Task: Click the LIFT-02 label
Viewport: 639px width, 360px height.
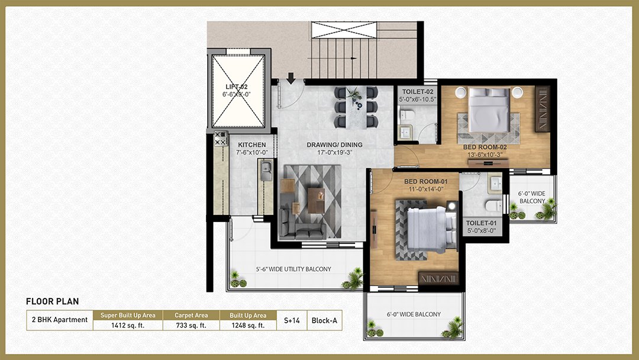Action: [x=236, y=87]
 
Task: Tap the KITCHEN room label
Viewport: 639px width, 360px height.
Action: [x=252, y=144]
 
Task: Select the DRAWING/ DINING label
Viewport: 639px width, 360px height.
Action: [x=334, y=144]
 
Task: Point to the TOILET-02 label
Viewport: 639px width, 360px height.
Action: [x=418, y=92]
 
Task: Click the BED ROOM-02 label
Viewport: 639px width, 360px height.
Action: [x=485, y=147]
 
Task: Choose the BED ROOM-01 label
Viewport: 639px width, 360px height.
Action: [x=426, y=181]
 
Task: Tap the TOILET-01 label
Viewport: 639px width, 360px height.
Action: [x=481, y=223]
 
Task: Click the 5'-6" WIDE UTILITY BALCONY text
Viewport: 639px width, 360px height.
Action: [x=293, y=269]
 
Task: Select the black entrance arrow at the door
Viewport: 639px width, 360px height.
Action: [x=291, y=78]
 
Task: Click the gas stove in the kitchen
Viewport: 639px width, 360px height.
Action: [x=221, y=139]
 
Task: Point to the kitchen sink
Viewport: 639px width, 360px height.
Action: [x=266, y=171]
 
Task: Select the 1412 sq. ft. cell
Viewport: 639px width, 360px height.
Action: [x=128, y=325]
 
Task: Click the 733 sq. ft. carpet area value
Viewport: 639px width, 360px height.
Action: [x=191, y=325]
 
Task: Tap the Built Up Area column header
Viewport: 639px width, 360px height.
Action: [x=248, y=315]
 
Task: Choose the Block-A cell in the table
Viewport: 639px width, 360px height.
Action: [x=324, y=320]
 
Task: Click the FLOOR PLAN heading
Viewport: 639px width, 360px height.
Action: [x=53, y=302]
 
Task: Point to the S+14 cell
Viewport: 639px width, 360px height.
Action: [x=292, y=320]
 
